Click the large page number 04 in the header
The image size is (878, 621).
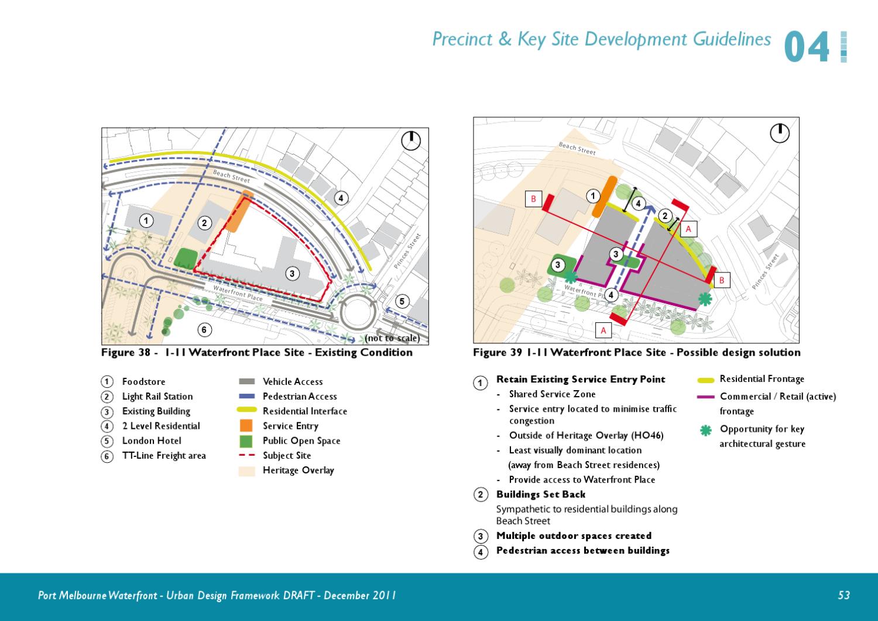tap(807, 49)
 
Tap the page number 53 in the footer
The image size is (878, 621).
tap(843, 595)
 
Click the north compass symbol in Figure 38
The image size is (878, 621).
tap(411, 141)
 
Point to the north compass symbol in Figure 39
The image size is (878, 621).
tap(780, 133)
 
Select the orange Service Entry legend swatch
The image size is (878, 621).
tap(246, 426)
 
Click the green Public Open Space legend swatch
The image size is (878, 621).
tap(246, 441)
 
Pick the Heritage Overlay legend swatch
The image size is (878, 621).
tap(246, 470)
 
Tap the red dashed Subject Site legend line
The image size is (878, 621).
tap(246, 455)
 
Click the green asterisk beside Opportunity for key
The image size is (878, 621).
tap(706, 431)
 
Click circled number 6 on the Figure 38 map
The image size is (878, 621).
tap(204, 330)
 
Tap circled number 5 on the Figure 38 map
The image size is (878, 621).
tap(402, 302)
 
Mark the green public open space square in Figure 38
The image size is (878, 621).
tap(185, 258)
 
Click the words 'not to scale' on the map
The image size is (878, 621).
tap(392, 338)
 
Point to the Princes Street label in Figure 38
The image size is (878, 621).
tap(407, 251)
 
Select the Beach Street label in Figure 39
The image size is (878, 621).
tap(577, 148)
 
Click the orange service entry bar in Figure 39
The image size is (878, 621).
tap(602, 196)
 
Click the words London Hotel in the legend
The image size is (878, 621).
tap(152, 441)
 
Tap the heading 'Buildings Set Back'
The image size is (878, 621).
tap(540, 494)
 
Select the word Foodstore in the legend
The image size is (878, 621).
tap(143, 382)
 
